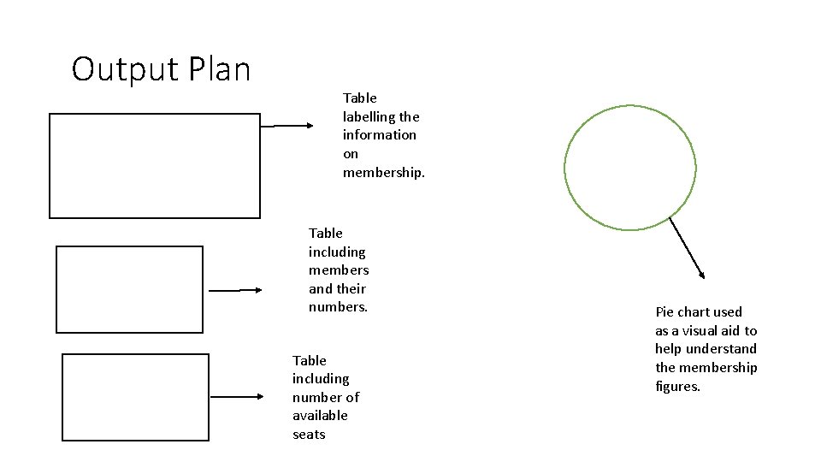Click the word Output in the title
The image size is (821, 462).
(x=118, y=68)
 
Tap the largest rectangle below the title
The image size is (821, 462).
(x=154, y=166)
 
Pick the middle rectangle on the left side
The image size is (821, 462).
(x=130, y=289)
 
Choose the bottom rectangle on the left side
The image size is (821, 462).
(x=136, y=397)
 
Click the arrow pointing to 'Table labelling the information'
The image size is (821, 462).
(x=287, y=126)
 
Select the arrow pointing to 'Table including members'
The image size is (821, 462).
(x=237, y=290)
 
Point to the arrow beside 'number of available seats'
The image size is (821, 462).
(x=238, y=397)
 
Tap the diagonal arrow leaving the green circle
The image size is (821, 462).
(x=687, y=247)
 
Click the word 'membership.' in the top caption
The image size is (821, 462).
(x=383, y=172)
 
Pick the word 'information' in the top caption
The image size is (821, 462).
(x=380, y=135)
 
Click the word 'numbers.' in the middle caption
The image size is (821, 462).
(x=338, y=306)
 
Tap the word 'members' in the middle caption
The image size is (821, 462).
(x=339, y=270)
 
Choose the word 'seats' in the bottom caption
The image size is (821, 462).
(x=309, y=435)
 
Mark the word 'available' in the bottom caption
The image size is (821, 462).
(x=320, y=416)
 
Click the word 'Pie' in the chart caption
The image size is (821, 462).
(x=665, y=312)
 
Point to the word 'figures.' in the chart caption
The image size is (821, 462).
(x=677, y=387)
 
